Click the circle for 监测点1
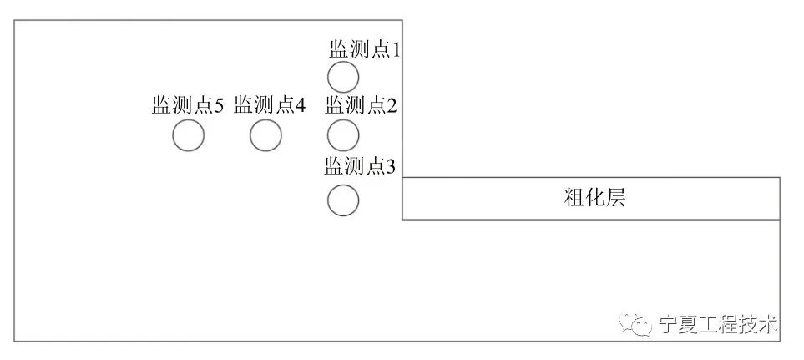pyautogui.click(x=342, y=77)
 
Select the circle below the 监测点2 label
pyautogui.click(x=342, y=134)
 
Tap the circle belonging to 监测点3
pyautogui.click(x=342, y=200)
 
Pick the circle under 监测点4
pyautogui.click(x=265, y=135)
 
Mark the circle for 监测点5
pyautogui.click(x=188, y=135)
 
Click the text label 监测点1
pyautogui.click(x=365, y=50)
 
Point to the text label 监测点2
pyautogui.click(x=361, y=105)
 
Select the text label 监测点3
pyautogui.click(x=360, y=165)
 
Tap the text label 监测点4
pyautogui.click(x=270, y=105)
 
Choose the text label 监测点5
pyautogui.click(x=188, y=105)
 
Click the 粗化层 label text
pyautogui.click(x=595, y=199)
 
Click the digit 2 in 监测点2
pyautogui.click(x=392, y=106)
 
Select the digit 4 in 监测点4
pyautogui.click(x=300, y=106)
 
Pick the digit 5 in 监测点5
pyautogui.click(x=219, y=106)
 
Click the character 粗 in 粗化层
pyautogui.click(x=575, y=199)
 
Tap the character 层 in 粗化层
pyautogui.click(x=616, y=199)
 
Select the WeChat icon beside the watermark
pyautogui.click(x=641, y=324)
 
